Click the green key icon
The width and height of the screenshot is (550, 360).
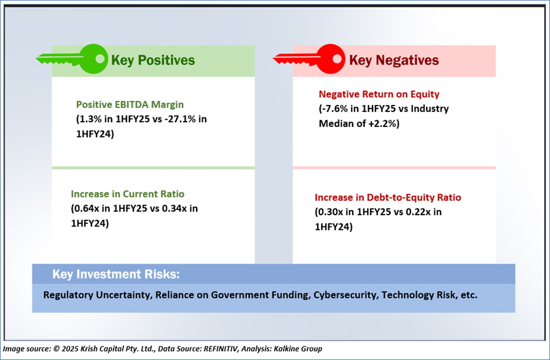coord(72,59)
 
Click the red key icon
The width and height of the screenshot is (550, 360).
coord(309,59)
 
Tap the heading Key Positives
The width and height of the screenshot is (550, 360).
coord(153,60)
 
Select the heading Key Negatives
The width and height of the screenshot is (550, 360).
coord(394,60)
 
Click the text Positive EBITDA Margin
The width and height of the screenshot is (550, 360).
coord(130,104)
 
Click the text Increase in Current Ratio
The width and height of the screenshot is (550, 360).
coord(128,194)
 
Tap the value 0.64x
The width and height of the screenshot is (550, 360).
coord(86,209)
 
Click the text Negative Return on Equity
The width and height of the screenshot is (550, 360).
coord(379,94)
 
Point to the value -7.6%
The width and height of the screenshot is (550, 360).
coord(335,108)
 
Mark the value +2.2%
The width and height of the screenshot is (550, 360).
coord(383,123)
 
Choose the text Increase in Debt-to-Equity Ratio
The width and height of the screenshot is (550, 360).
coord(387,197)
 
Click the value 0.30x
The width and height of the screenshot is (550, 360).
coord(331,212)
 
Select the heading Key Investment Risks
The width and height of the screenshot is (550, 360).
coord(116,274)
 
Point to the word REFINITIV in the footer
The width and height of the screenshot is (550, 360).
coord(221,349)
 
